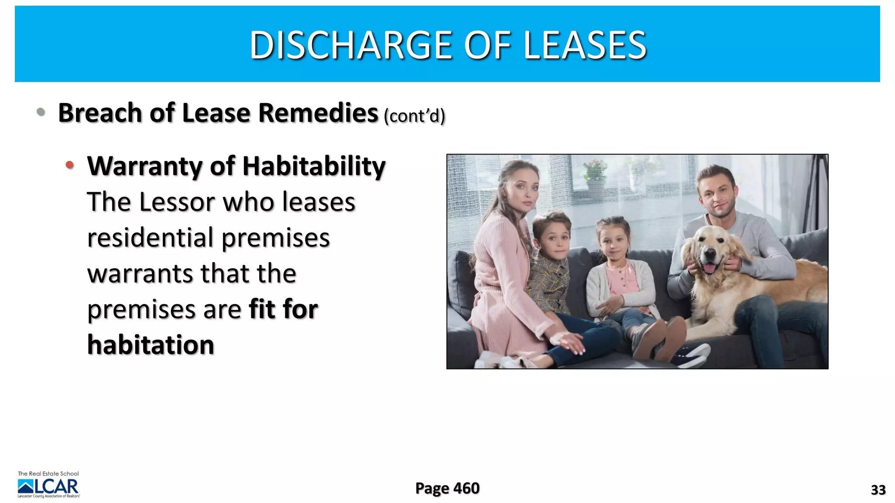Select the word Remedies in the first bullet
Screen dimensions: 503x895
[x=318, y=113]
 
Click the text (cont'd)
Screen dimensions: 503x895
[x=414, y=116]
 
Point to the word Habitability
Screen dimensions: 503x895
[x=314, y=166]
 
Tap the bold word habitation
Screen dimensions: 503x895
[x=151, y=345]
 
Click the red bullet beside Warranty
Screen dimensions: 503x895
[x=69, y=165]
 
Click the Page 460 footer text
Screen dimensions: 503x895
[x=447, y=488]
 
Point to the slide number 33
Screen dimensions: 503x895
[x=878, y=490]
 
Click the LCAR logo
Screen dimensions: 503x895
[x=49, y=486]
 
